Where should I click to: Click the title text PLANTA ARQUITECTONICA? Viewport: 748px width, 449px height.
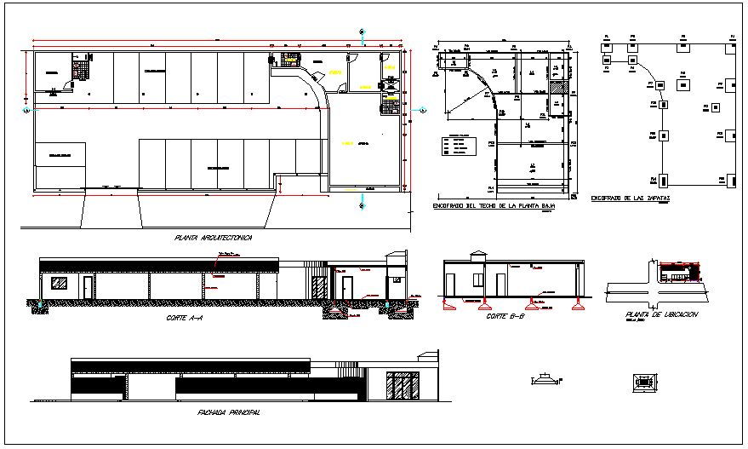(x=214, y=239)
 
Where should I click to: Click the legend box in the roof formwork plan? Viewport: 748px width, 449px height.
(x=460, y=146)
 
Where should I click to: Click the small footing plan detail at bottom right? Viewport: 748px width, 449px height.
(x=641, y=382)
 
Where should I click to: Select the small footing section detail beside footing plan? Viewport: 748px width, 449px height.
(x=545, y=381)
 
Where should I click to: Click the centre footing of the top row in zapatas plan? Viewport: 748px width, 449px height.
(x=683, y=49)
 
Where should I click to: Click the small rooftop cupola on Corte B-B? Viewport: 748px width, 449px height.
(x=477, y=255)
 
